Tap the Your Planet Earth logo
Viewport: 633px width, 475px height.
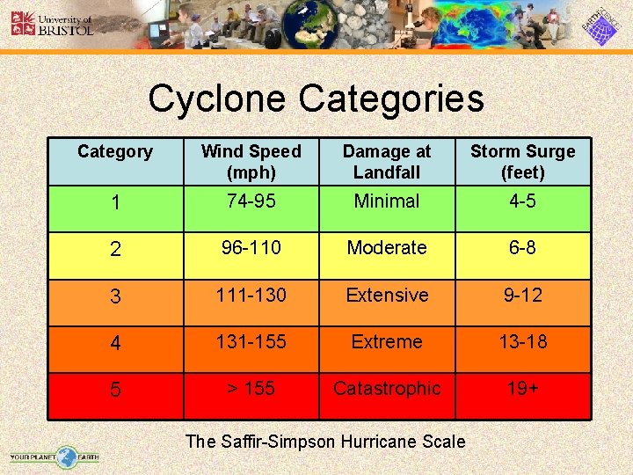point(55,456)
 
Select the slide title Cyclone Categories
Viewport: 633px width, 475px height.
point(316,99)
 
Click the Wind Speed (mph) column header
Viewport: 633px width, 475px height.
point(251,161)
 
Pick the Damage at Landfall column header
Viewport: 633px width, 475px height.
point(387,161)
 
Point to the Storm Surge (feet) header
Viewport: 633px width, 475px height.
point(522,161)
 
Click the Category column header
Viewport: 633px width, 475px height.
point(115,151)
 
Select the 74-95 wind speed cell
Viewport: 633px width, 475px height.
point(251,201)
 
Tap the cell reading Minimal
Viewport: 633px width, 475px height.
point(387,201)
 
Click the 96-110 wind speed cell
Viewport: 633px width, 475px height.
point(251,248)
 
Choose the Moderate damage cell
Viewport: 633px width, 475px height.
point(387,248)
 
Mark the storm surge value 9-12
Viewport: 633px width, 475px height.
point(522,295)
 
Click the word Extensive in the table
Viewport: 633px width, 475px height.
point(387,295)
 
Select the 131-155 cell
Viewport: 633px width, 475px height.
point(251,341)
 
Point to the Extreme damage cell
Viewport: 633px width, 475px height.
point(387,341)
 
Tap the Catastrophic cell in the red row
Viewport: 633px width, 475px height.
point(387,388)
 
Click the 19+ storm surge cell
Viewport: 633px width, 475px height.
point(522,388)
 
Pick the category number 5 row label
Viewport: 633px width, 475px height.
point(115,391)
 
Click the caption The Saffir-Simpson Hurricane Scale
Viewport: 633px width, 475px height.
point(325,442)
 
